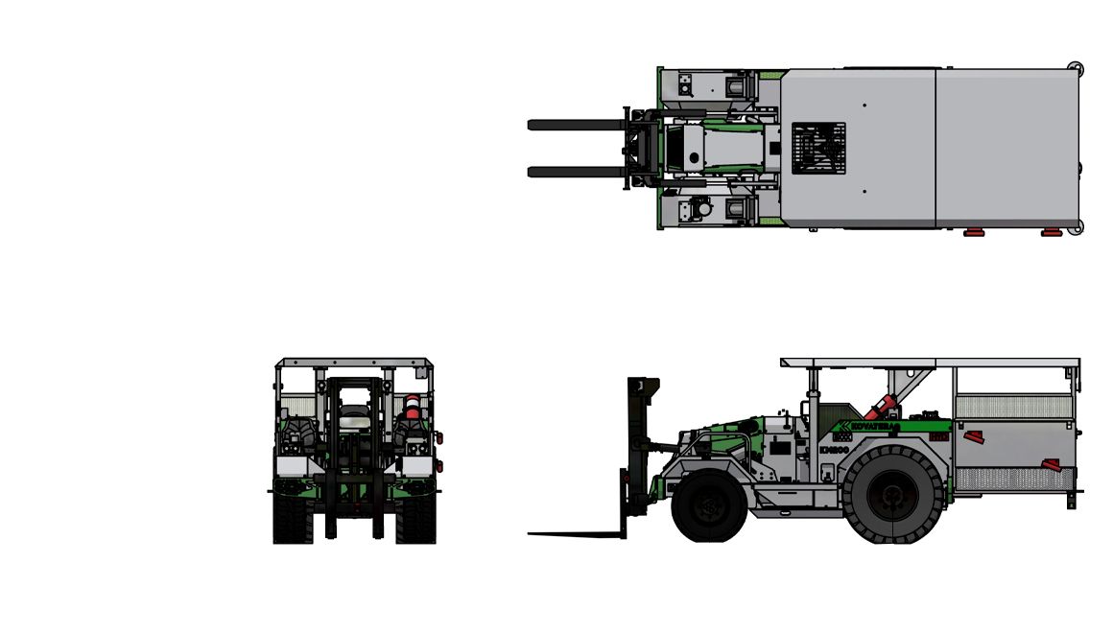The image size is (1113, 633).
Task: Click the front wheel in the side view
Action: tap(709, 506)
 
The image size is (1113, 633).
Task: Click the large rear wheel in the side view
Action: tap(892, 494)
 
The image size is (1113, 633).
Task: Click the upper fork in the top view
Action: tap(576, 125)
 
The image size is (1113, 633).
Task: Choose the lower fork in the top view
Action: tap(576, 173)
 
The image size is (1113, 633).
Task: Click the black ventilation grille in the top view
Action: tap(818, 148)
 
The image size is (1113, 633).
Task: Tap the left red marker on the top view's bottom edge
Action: tap(974, 232)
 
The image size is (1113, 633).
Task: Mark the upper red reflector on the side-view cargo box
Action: tap(974, 437)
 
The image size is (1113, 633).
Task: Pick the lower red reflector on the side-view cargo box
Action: tap(1052, 466)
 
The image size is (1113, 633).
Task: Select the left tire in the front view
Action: tap(292, 518)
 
